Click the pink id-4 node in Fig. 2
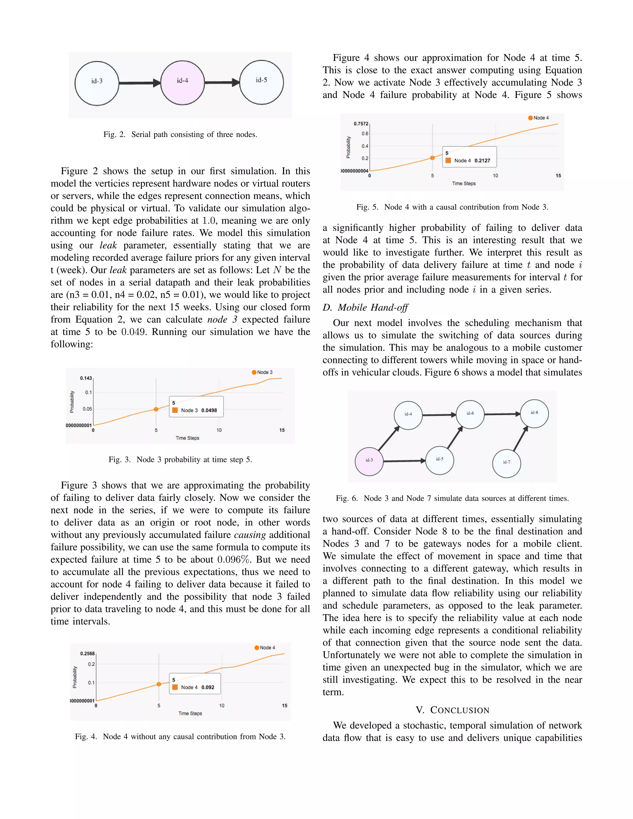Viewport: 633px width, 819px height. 182,83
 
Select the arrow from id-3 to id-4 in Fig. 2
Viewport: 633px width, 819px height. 139,83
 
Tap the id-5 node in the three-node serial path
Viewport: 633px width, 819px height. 261,82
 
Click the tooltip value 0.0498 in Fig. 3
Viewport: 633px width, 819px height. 209,410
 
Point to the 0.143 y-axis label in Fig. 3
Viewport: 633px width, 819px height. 86,378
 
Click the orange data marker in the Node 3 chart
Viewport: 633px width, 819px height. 156,409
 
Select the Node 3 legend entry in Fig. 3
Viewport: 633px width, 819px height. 262,372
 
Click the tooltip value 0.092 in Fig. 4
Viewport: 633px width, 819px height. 208,687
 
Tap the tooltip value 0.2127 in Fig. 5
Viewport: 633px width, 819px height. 482,160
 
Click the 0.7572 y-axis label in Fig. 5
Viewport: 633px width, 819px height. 361,124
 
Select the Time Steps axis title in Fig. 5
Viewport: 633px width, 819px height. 464,183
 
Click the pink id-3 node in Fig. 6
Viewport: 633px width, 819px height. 369,461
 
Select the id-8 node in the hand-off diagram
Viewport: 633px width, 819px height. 534,413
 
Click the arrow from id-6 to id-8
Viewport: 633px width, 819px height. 502,414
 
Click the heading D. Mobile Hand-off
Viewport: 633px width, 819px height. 365,308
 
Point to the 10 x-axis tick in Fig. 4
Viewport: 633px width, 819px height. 222,705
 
